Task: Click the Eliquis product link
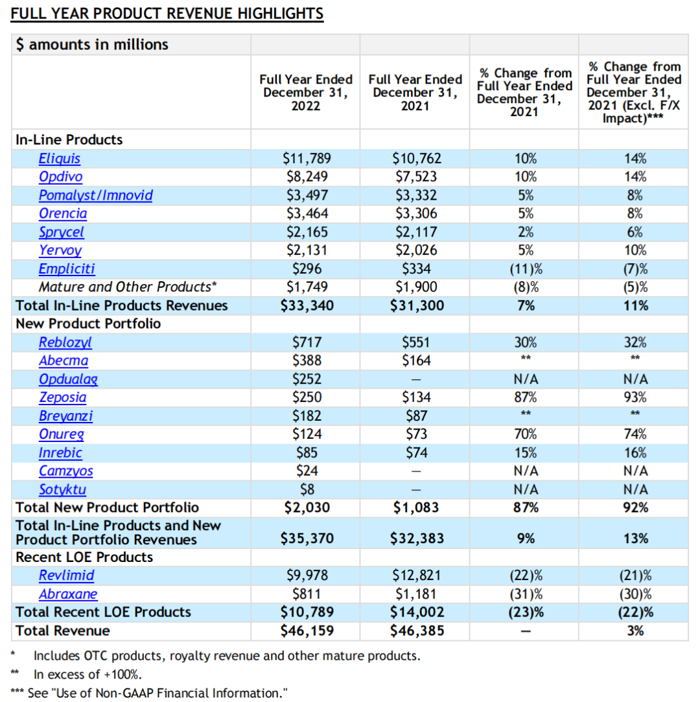59,158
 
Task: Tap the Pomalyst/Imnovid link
95,195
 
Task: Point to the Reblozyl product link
65,342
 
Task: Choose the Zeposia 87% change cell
526,397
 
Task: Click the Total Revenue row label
63,630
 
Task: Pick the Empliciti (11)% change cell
526,268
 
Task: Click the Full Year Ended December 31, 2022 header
305,92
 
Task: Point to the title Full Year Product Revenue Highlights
167,14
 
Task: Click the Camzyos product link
65,471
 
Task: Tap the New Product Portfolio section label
88,323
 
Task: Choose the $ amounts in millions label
92,45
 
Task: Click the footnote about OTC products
226,655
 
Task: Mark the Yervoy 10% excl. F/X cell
635,250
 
